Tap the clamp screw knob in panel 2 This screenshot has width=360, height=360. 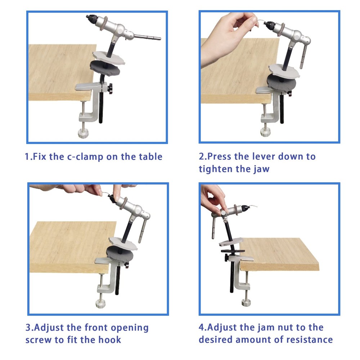click(x=266, y=132)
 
